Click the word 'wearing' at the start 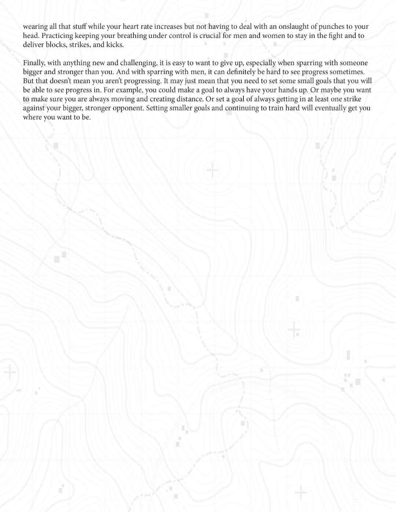35,27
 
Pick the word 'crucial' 210,36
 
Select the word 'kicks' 114,45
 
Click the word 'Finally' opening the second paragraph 33,63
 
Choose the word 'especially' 261,63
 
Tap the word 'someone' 353,63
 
